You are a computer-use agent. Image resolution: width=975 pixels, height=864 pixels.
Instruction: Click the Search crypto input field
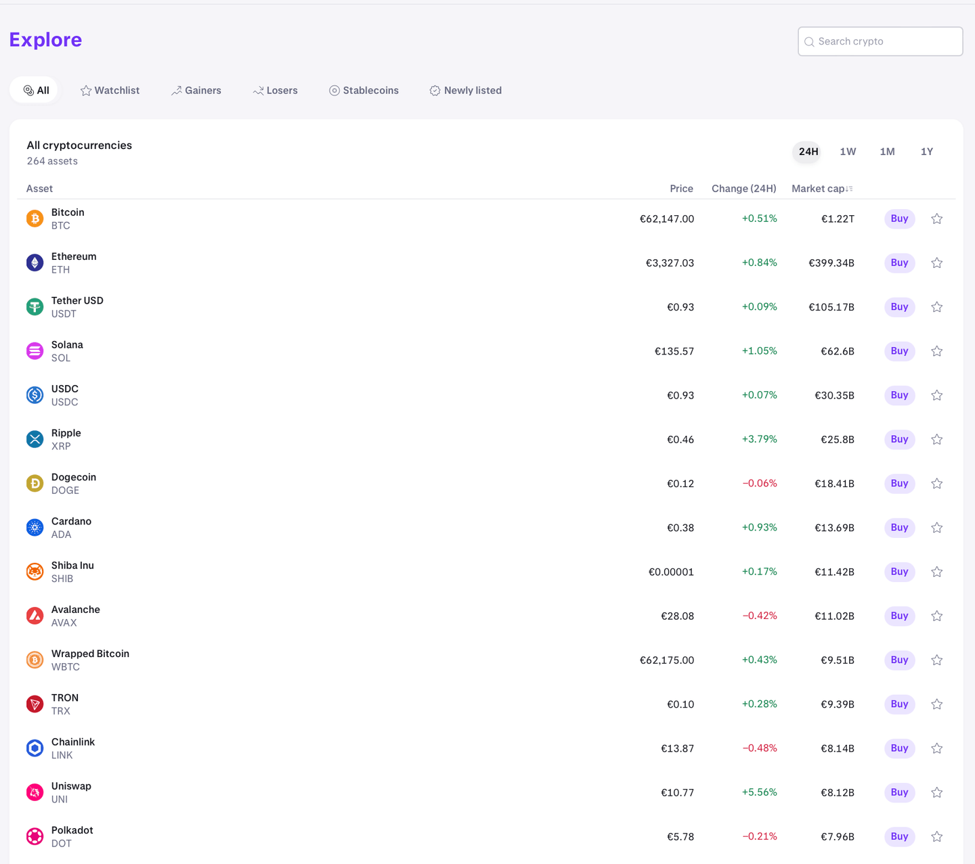tap(880, 41)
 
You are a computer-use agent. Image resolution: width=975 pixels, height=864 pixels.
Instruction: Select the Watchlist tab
tap(110, 91)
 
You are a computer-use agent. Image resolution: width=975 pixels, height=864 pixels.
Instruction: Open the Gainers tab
tap(196, 91)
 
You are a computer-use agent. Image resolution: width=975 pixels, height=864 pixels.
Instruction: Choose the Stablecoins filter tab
tap(364, 91)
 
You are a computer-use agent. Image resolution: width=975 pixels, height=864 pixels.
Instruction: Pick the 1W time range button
tap(848, 152)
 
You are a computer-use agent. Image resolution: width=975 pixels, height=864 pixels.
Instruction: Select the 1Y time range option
tap(927, 152)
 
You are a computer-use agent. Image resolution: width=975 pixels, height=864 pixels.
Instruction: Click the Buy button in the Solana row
tap(899, 351)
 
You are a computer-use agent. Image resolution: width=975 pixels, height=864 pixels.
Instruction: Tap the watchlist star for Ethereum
tap(937, 263)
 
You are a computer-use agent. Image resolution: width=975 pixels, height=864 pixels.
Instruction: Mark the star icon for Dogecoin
tap(937, 484)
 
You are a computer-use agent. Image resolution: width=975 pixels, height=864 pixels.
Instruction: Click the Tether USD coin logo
tap(35, 307)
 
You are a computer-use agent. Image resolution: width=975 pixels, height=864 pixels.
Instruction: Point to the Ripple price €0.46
tap(680, 440)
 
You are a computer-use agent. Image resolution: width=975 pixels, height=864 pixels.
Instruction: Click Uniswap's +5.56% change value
tap(759, 792)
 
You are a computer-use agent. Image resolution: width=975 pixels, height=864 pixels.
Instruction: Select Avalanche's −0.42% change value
tap(759, 616)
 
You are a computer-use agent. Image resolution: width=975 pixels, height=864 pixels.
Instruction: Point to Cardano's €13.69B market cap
tap(834, 528)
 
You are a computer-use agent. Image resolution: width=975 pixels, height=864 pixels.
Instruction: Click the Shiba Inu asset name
tap(72, 566)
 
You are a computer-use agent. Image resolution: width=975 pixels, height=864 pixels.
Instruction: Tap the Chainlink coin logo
tap(35, 748)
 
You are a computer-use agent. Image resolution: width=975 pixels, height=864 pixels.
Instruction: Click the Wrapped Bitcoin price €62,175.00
tap(667, 660)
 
